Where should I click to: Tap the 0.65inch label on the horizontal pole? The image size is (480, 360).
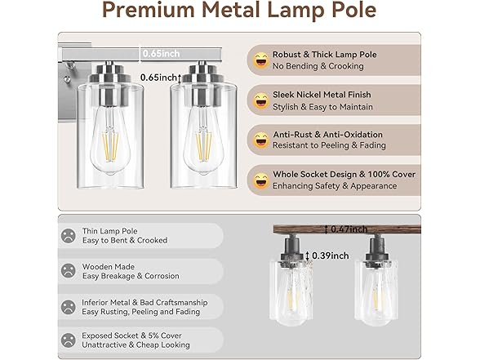(162, 53)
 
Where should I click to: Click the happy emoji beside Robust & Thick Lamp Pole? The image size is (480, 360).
(261, 59)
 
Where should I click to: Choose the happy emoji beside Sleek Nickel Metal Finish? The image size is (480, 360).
(261, 100)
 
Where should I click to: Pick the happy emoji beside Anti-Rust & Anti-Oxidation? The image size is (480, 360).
(261, 140)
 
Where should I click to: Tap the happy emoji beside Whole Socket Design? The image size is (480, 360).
(261, 180)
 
